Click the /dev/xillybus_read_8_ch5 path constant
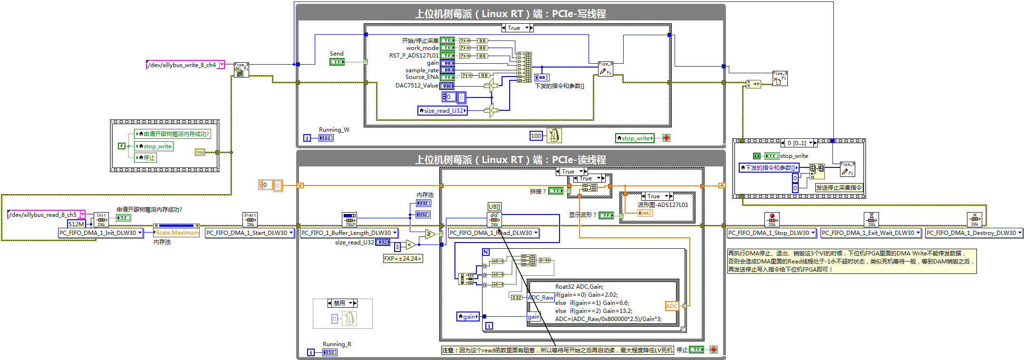(x=43, y=215)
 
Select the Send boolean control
(x=337, y=62)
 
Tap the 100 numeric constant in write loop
(x=536, y=136)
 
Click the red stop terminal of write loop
(x=667, y=138)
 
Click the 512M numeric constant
(x=76, y=224)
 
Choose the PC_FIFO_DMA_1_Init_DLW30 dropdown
(x=100, y=233)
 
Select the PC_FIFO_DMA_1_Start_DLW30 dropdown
(x=250, y=233)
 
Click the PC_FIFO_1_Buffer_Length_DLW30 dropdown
(x=349, y=233)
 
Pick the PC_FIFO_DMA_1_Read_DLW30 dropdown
(x=493, y=233)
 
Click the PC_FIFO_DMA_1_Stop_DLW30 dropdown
(x=772, y=233)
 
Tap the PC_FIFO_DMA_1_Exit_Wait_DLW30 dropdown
(x=870, y=233)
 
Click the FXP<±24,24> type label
(x=403, y=259)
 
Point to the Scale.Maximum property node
(x=177, y=233)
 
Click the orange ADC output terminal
(x=672, y=306)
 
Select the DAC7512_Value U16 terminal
(x=447, y=86)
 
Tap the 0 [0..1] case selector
(x=799, y=143)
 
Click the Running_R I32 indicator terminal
(x=329, y=352)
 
